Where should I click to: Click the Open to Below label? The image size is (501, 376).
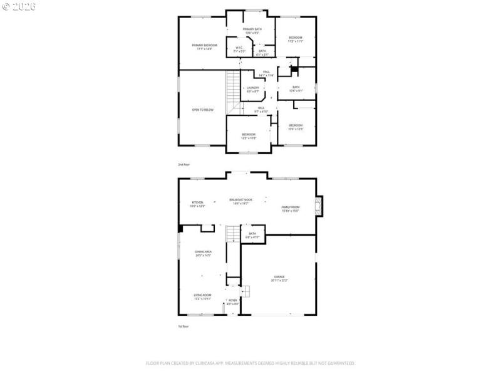click(x=202, y=110)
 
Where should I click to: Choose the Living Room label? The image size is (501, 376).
click(x=202, y=296)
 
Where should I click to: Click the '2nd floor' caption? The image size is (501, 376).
click(x=183, y=164)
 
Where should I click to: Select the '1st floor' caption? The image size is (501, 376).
click(x=183, y=326)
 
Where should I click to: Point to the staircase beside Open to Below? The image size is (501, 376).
click(x=234, y=88)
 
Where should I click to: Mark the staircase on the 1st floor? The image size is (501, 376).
click(x=233, y=233)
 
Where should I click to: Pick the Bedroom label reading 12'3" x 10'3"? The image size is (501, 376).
click(x=249, y=136)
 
